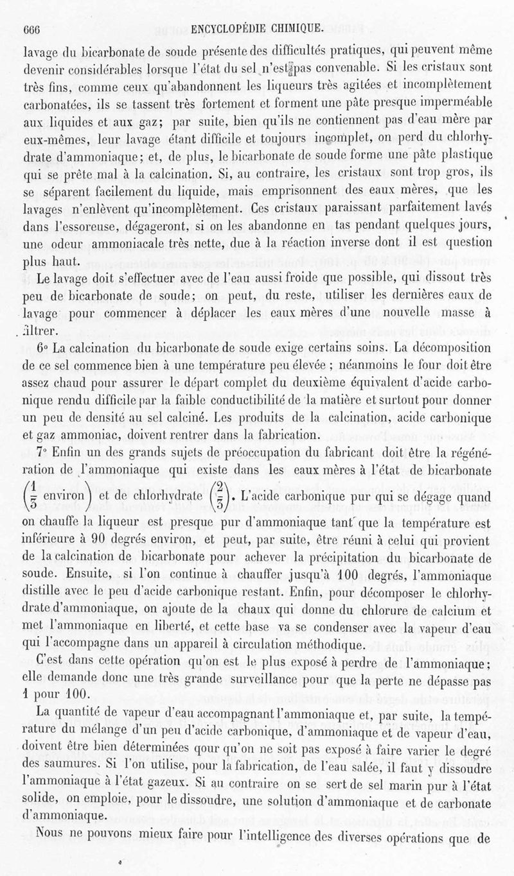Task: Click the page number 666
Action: pyautogui.click(x=32, y=28)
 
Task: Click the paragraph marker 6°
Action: pyautogui.click(x=42, y=348)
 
